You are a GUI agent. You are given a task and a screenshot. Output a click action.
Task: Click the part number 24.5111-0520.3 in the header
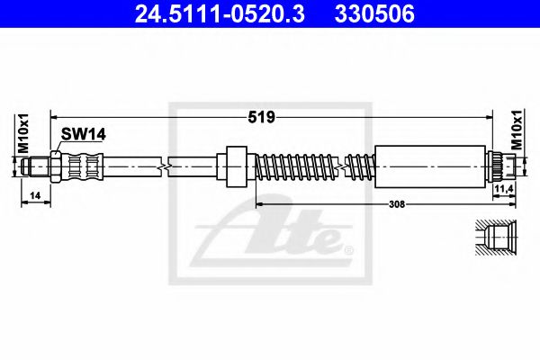point(220,13)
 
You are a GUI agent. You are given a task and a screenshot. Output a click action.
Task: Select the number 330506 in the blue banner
point(374,13)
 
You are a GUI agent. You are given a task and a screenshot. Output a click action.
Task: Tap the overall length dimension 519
point(261,118)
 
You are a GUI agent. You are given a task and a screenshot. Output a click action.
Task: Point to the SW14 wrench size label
point(84,134)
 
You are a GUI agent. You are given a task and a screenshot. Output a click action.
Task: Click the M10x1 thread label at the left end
point(23,134)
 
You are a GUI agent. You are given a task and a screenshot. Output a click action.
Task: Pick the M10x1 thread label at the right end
point(517,130)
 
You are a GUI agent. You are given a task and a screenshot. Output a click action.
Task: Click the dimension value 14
point(35,195)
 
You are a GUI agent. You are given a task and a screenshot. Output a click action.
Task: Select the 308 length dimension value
point(397,204)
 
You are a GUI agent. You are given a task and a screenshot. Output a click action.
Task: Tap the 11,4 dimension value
point(504,188)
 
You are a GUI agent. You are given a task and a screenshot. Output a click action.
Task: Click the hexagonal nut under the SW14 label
point(56,166)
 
